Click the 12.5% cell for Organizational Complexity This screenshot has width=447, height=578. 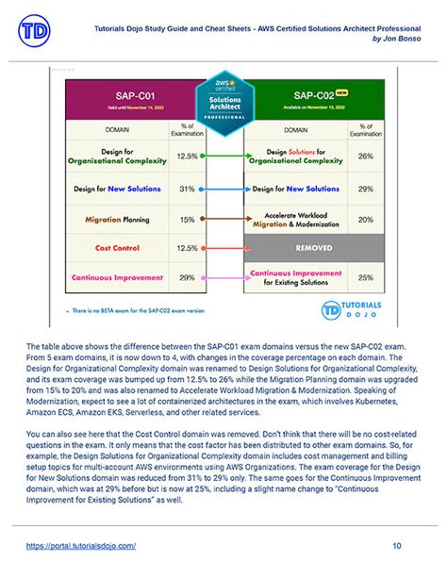click(187, 156)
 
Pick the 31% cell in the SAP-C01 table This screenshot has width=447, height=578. click(187, 188)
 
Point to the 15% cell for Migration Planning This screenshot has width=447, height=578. click(187, 218)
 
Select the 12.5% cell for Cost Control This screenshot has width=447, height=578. click(187, 248)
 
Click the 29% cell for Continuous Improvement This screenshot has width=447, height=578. click(187, 278)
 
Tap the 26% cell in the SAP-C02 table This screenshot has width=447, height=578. click(365, 156)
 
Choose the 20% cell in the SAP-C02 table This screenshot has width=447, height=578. click(365, 218)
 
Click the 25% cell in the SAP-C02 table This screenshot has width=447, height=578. click(365, 278)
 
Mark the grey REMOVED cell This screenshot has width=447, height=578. click(315, 248)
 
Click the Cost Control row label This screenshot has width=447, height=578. click(116, 248)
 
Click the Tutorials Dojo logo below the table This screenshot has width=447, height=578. click(353, 310)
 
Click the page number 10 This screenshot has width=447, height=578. click(397, 545)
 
